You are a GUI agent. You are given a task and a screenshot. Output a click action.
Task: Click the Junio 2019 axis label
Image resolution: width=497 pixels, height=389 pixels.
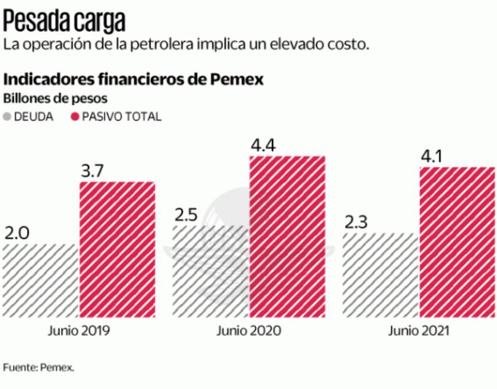point(78,331)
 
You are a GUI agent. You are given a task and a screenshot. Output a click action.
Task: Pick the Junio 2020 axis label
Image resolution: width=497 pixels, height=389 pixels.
point(248,331)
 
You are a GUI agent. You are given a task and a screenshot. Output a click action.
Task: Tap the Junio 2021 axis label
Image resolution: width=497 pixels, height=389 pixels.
point(419,331)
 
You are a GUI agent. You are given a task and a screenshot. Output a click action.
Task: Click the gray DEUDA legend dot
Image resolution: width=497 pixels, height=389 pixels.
point(8,117)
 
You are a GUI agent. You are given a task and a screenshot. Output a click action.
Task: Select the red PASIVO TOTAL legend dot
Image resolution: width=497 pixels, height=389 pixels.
point(74,117)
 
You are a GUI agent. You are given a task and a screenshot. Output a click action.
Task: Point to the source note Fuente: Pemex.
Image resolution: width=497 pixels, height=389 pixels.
point(38,368)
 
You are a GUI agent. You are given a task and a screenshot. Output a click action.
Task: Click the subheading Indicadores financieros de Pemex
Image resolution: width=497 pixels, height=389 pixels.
point(133,80)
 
